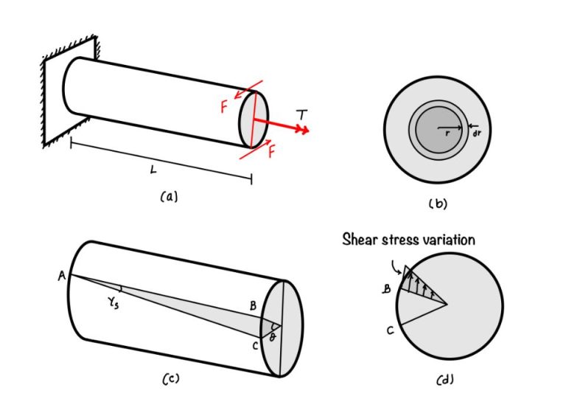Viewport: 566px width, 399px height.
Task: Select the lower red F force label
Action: (272, 153)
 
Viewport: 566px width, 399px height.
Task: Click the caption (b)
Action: (438, 204)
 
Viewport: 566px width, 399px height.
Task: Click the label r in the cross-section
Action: (447, 133)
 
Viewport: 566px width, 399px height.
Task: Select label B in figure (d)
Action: (386, 290)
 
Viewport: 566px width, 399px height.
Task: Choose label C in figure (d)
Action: (391, 331)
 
